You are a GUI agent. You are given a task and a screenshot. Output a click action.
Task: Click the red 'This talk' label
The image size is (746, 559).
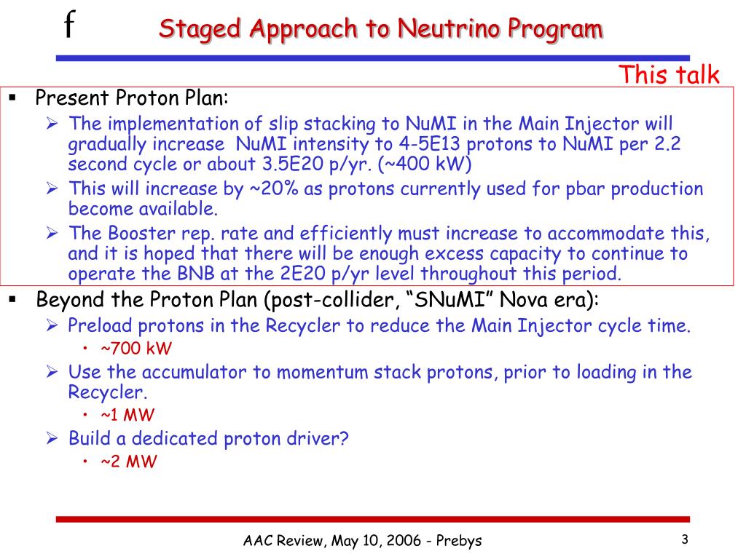pyautogui.click(x=669, y=75)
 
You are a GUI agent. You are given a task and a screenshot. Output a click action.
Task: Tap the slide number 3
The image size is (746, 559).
pyautogui.click(x=685, y=539)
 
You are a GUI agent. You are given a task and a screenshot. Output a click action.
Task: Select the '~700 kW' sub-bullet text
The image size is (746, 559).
pyautogui.click(x=136, y=349)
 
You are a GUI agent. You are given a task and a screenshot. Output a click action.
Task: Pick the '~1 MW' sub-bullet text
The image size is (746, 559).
pyautogui.click(x=127, y=415)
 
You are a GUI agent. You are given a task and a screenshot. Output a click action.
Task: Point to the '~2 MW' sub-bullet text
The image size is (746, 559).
pyautogui.click(x=128, y=461)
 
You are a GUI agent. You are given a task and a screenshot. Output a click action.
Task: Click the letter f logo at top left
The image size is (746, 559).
pyautogui.click(x=69, y=24)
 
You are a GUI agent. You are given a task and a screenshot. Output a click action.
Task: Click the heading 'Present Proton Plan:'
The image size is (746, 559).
pyautogui.click(x=132, y=98)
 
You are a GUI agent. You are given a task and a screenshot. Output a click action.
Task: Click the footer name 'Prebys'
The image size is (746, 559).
pyautogui.click(x=459, y=541)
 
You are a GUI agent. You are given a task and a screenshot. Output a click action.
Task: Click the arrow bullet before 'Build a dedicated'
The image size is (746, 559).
pyautogui.click(x=52, y=437)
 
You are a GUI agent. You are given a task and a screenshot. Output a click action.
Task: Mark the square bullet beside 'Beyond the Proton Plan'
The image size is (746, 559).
pyautogui.click(x=13, y=299)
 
